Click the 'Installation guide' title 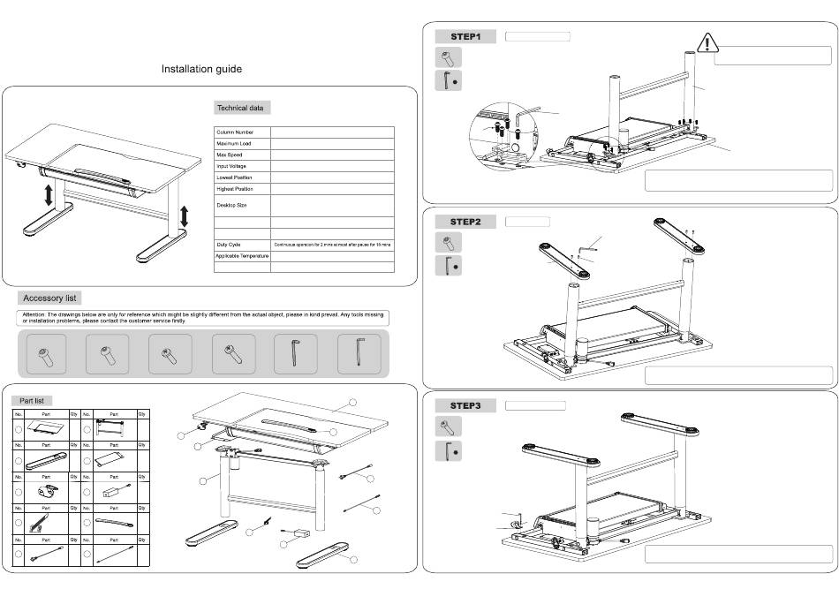pyautogui.click(x=201, y=69)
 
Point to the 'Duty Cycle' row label pyautogui.click(x=229, y=245)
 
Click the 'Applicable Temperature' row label pyautogui.click(x=242, y=256)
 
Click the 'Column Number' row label pyautogui.click(x=235, y=132)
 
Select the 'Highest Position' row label pyautogui.click(x=235, y=189)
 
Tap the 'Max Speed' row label pyautogui.click(x=230, y=155)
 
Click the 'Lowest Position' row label pyautogui.click(x=235, y=177)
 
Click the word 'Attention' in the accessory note pyautogui.click(x=34, y=313)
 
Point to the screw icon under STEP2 pyautogui.click(x=448, y=242)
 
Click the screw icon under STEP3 pyautogui.click(x=448, y=427)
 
